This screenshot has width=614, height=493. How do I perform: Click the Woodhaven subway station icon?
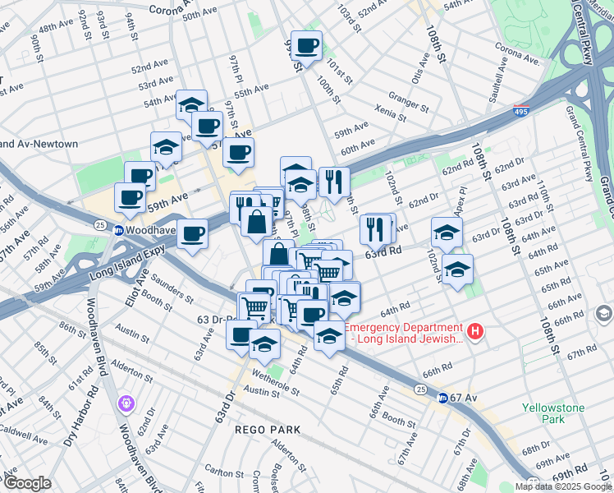(118, 230)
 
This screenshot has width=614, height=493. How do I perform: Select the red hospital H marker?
(474, 332)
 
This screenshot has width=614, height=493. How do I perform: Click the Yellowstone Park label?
(543, 412)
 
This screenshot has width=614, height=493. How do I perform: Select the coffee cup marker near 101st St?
(306, 46)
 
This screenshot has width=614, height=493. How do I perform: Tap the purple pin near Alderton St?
(126, 403)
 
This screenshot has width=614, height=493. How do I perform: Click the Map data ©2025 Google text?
(563, 486)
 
